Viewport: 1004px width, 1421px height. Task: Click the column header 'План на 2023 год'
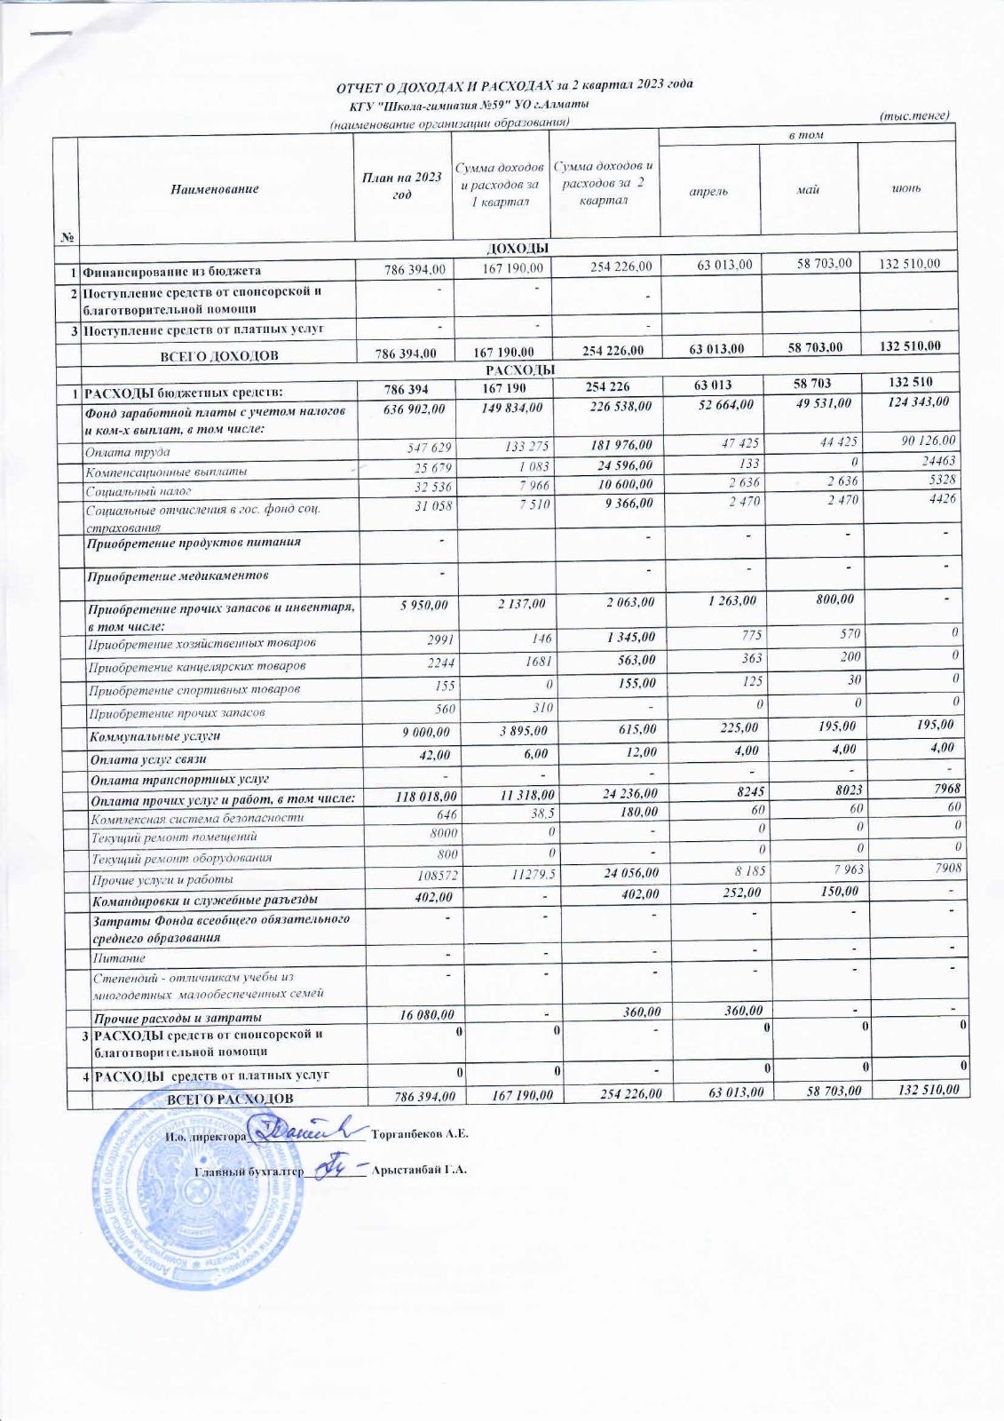click(x=402, y=187)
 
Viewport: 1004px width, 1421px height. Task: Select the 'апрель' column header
click(x=708, y=191)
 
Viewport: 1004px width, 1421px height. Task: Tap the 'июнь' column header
click(x=906, y=189)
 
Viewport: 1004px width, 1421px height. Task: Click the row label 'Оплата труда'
click(x=128, y=452)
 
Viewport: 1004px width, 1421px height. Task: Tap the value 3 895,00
click(x=519, y=730)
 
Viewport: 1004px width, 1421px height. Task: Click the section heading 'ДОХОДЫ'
click(x=518, y=247)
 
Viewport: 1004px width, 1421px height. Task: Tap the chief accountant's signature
click(x=334, y=1165)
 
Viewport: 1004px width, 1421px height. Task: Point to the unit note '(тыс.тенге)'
click(x=914, y=115)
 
